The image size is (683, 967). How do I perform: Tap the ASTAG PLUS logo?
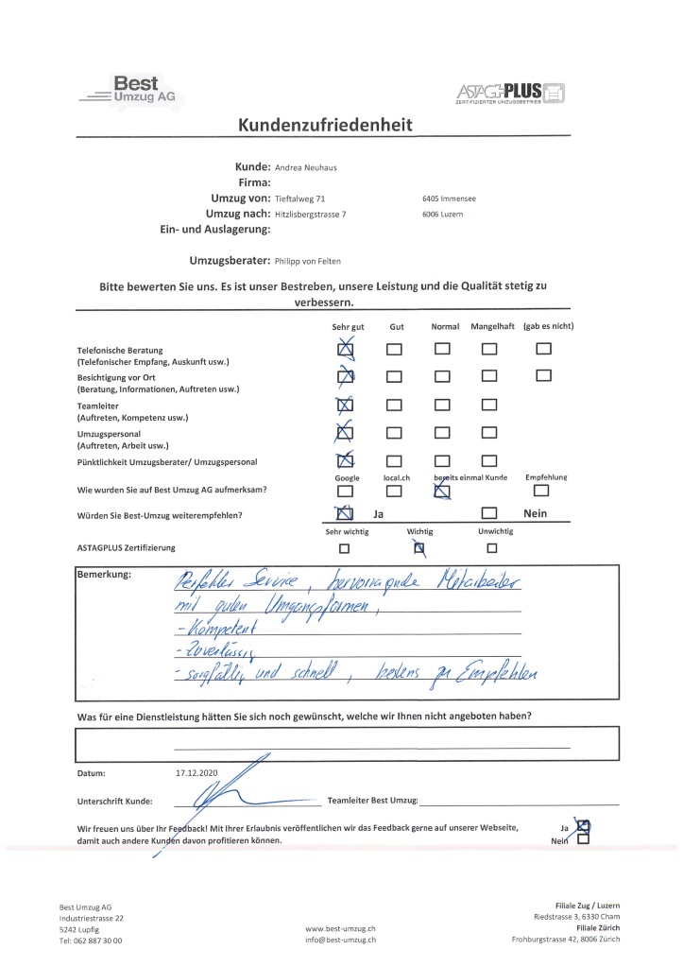[x=511, y=93]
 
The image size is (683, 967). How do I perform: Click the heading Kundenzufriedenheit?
[x=325, y=126]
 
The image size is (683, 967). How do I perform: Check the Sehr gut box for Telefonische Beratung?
[x=346, y=351]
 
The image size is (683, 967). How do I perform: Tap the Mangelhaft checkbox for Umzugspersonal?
[x=488, y=434]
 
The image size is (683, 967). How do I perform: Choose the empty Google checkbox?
[x=346, y=491]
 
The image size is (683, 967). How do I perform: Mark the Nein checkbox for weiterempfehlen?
[x=488, y=514]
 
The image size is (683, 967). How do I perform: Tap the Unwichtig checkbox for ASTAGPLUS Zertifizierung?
[x=491, y=547]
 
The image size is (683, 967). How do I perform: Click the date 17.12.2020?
[x=196, y=773]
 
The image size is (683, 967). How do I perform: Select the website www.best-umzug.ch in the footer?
[x=340, y=928]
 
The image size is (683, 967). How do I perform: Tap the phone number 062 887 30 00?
[x=97, y=941]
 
